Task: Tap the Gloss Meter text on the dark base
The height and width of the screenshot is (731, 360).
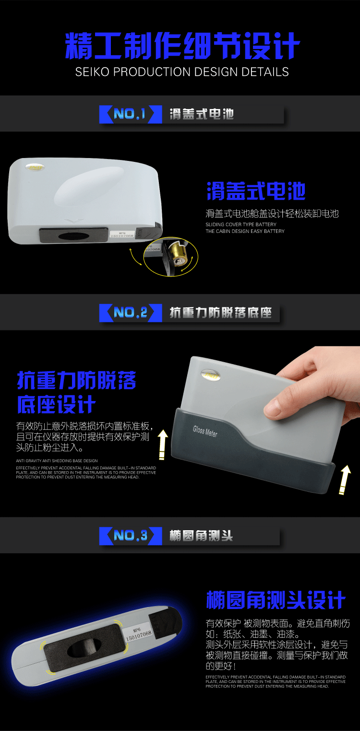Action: (x=205, y=431)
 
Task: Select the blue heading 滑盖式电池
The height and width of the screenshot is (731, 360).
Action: (x=256, y=191)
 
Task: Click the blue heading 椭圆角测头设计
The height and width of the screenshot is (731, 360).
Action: (x=276, y=600)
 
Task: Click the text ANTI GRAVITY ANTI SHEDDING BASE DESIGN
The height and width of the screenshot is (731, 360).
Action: (x=57, y=461)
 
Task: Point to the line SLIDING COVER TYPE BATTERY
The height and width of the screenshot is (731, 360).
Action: (x=241, y=224)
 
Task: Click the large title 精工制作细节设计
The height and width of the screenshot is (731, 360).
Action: (x=182, y=47)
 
